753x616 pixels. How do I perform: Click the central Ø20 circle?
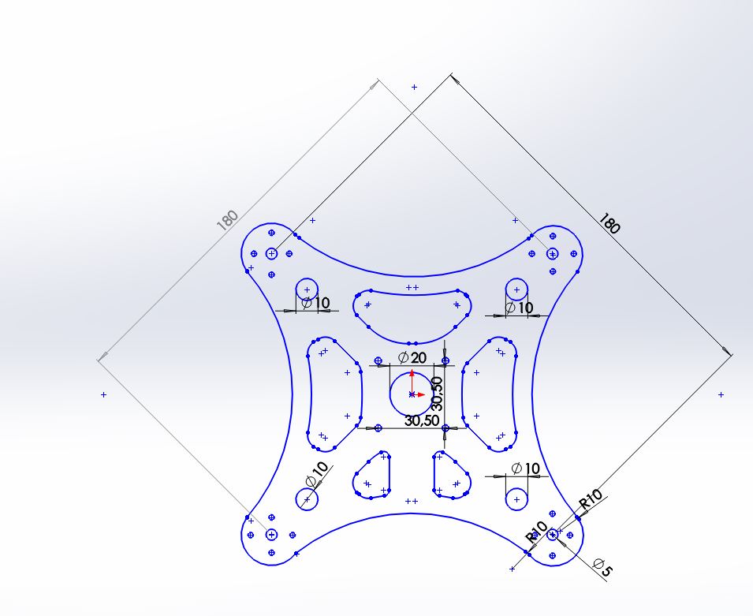tap(390, 394)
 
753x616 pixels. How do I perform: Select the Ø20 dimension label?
tap(412, 357)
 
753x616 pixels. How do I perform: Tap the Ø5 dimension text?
tap(603, 567)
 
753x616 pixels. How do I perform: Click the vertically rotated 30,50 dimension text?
tap(437, 393)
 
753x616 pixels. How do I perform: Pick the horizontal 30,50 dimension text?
tap(422, 420)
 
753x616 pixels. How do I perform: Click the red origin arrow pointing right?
tap(419, 394)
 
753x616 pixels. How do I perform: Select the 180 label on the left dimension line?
tap(227, 220)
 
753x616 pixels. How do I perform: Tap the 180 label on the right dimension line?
tap(609, 223)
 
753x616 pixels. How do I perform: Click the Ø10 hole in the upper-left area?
tap(307, 278)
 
